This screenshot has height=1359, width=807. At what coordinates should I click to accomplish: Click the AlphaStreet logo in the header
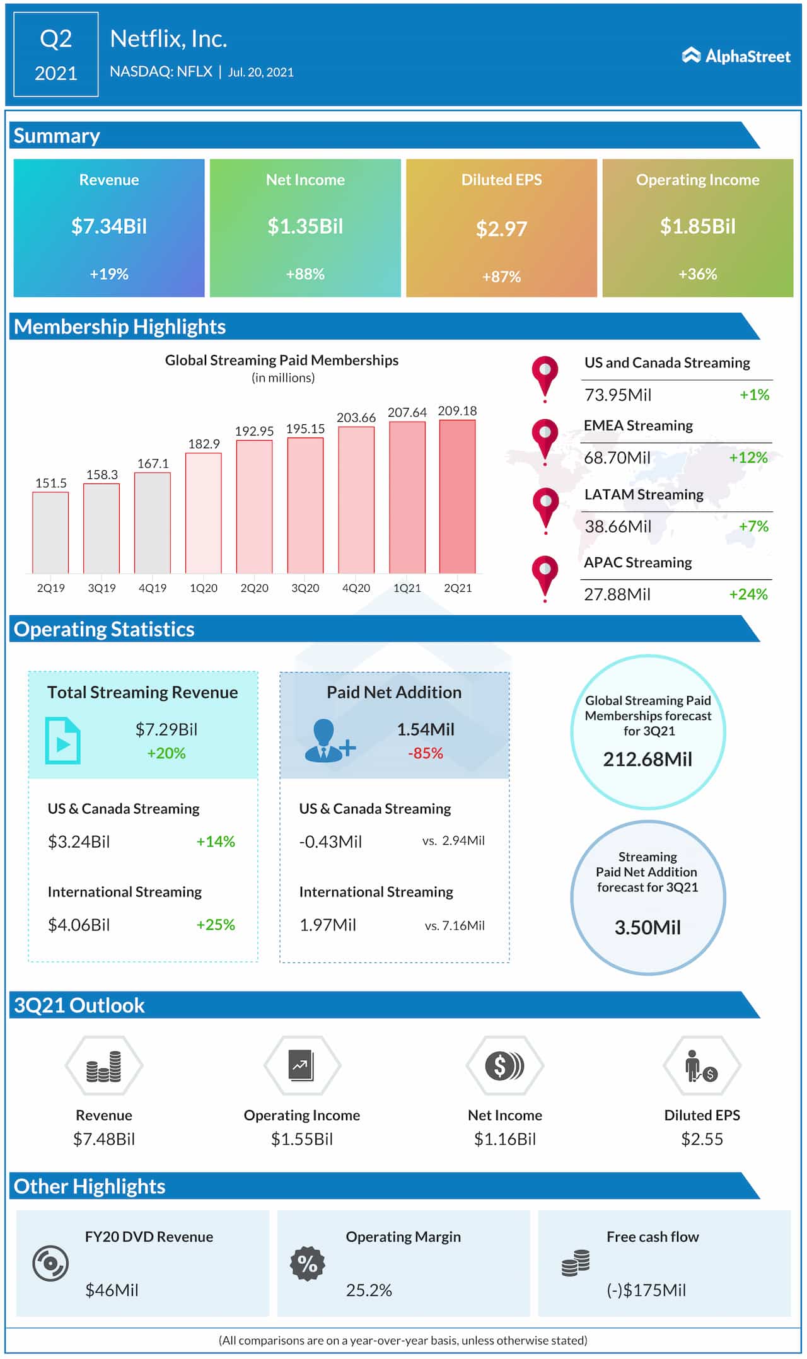pos(736,56)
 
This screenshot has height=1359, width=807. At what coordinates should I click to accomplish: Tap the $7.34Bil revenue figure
pos(109,226)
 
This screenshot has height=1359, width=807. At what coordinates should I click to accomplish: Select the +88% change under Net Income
pos(305,274)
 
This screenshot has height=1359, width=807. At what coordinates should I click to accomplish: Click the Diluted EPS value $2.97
pos(501,229)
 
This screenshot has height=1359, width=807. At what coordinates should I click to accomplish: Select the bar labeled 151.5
pos(50,533)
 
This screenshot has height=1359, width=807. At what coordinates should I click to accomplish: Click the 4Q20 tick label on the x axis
pos(356,588)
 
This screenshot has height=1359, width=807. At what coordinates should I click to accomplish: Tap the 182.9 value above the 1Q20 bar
pos(204,444)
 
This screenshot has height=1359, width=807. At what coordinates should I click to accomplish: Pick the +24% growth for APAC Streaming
pos(748,594)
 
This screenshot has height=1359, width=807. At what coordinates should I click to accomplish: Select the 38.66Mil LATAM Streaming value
pos(618,526)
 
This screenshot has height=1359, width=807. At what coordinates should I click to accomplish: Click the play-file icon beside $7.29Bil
pos(62,741)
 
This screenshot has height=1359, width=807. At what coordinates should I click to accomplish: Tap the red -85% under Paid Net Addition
pos(425,753)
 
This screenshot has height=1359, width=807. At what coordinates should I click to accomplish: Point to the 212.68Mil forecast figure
pos(647,759)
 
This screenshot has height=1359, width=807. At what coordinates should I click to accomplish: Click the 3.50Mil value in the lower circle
pos(647,927)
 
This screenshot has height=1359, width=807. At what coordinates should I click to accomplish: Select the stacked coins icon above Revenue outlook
pos(104,1066)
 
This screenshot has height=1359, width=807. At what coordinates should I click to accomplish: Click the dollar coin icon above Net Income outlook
pos(504,1066)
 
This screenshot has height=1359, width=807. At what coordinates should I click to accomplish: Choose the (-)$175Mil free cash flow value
pos(646,1290)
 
